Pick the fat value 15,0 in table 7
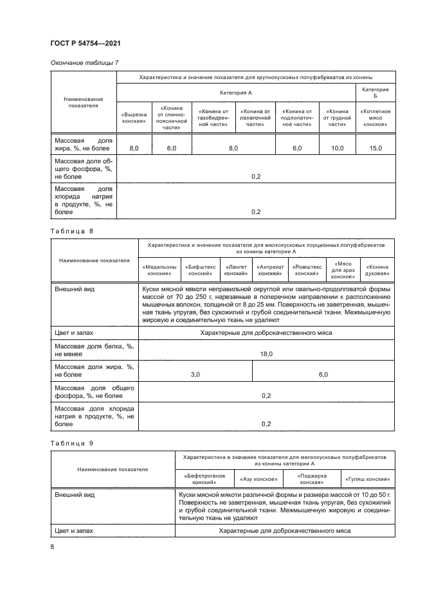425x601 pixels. tap(375, 148)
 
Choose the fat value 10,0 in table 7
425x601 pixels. tap(337, 148)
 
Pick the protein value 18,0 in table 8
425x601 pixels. tap(266, 354)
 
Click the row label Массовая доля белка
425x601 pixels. tap(94, 350)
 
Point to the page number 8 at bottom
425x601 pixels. tap(53, 546)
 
